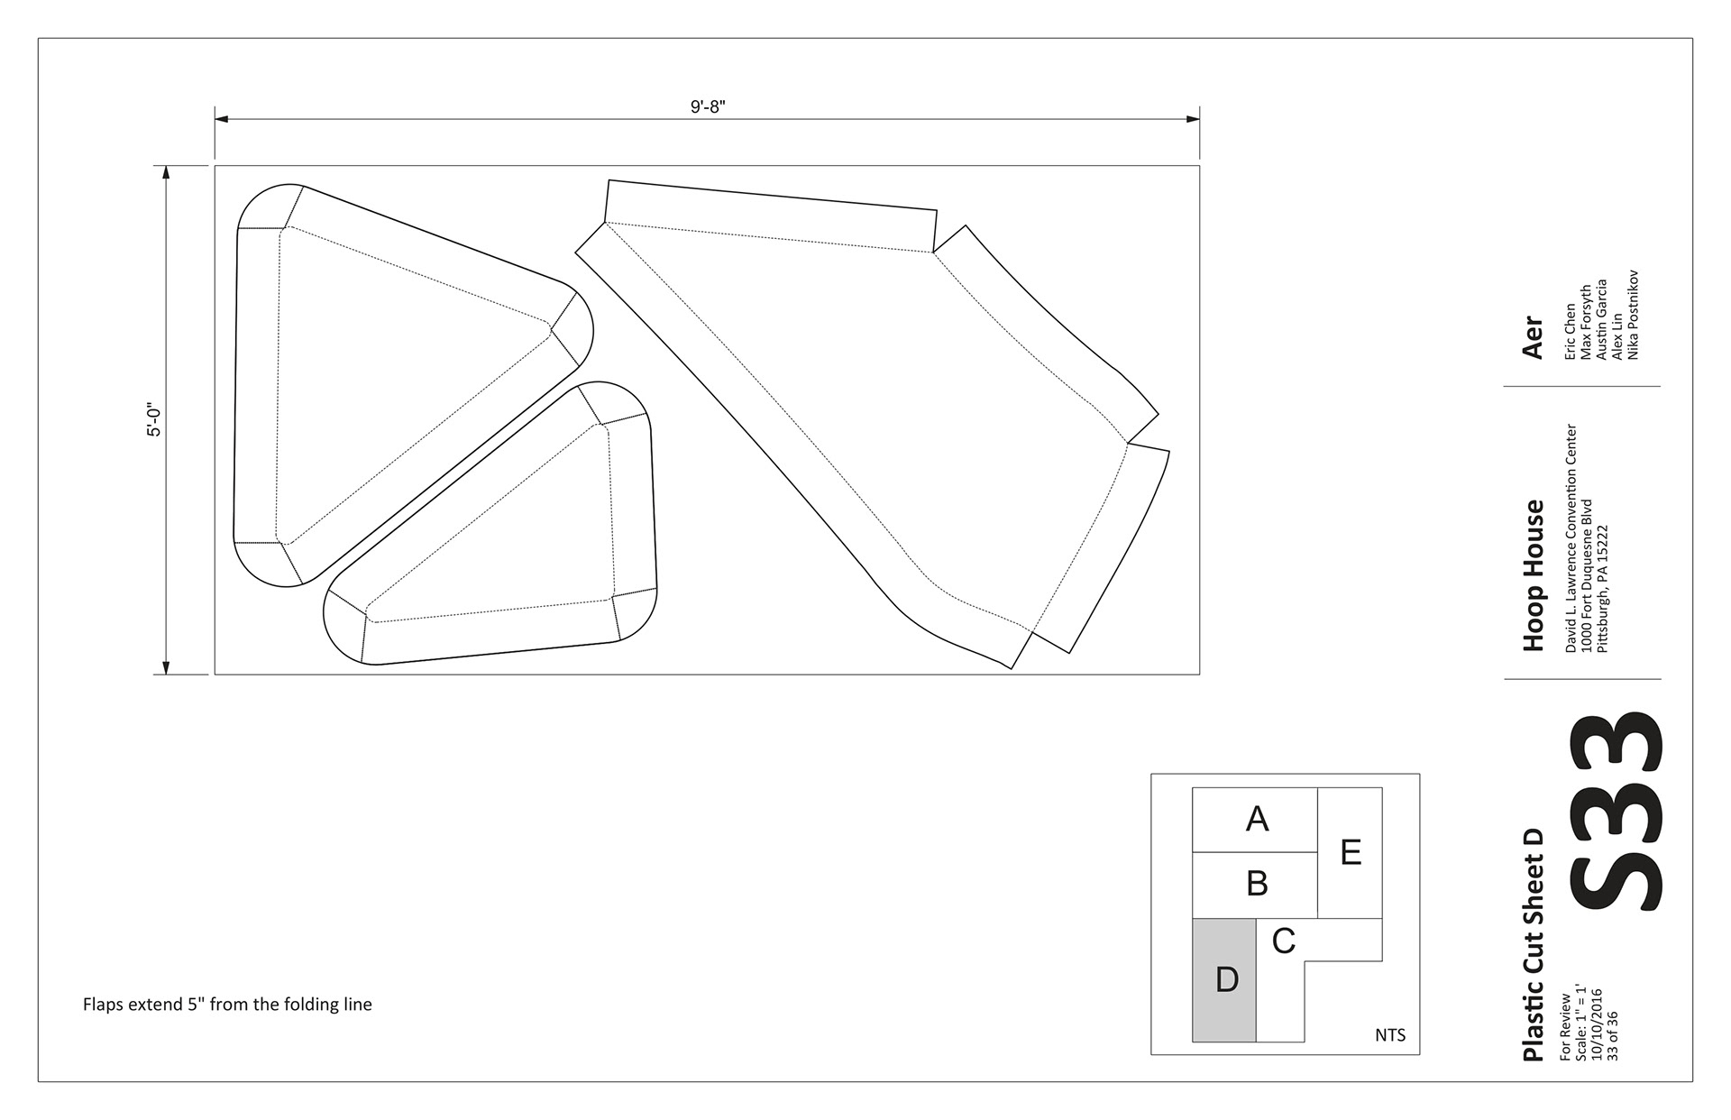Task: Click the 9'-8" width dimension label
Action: click(x=708, y=107)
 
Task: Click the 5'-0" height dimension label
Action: click(x=155, y=419)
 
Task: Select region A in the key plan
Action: click(x=1255, y=820)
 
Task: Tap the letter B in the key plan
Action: click(x=1257, y=884)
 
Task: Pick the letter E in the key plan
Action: click(x=1351, y=852)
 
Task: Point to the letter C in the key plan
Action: click(x=1284, y=941)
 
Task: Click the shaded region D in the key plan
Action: click(x=1224, y=980)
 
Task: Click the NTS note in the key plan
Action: click(x=1390, y=1035)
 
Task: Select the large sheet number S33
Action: click(x=1616, y=811)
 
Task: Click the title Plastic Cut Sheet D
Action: click(x=1533, y=945)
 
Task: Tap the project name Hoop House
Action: click(x=1533, y=575)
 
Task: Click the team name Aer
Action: click(x=1533, y=336)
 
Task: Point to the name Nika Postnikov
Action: click(x=1632, y=315)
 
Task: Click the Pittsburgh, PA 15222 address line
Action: click(x=1602, y=588)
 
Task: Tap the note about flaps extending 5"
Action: click(x=227, y=1005)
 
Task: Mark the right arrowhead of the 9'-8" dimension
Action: click(x=1193, y=118)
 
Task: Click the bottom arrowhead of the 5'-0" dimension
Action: click(x=166, y=667)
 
